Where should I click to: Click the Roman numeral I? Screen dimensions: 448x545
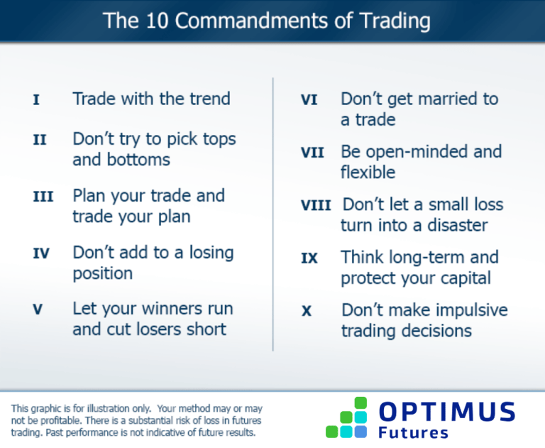tap(36, 99)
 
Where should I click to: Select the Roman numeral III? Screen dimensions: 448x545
tap(43, 197)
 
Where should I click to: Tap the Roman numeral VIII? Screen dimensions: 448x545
tap(316, 206)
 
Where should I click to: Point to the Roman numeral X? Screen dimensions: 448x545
tap(307, 312)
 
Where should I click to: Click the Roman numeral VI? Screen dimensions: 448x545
tap(309, 100)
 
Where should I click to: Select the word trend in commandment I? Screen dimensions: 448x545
tap(208, 99)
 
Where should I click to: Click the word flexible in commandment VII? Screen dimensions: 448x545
tap(368, 173)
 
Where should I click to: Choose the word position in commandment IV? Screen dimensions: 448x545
tap(102, 273)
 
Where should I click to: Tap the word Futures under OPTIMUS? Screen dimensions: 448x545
tap(414, 432)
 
